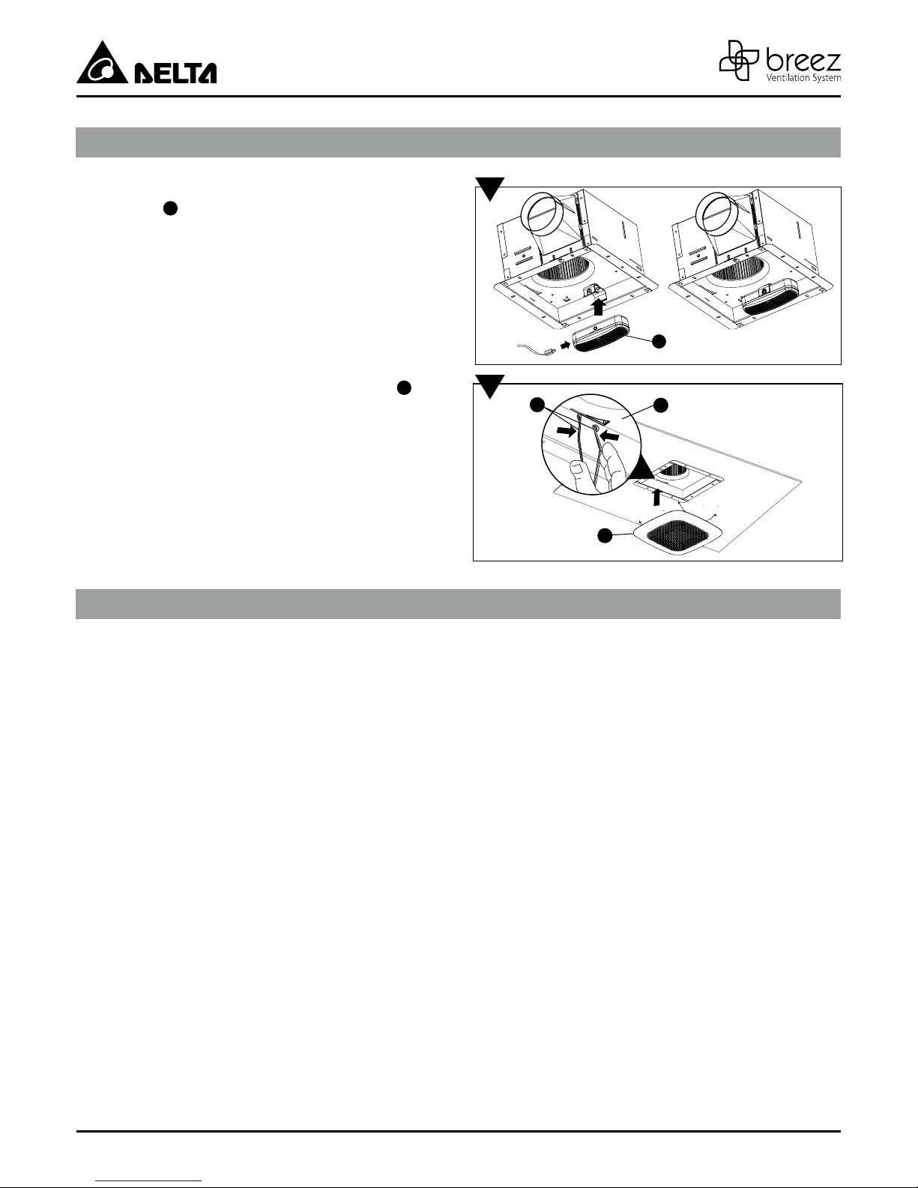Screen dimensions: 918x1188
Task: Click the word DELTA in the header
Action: click(x=175, y=73)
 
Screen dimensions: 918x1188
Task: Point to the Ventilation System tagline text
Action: click(x=803, y=78)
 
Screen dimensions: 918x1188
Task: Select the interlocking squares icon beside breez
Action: click(x=740, y=60)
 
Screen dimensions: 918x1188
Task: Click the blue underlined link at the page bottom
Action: click(x=148, y=1181)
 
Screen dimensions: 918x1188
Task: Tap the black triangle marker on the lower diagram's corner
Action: click(x=489, y=386)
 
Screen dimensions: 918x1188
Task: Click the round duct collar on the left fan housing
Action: click(x=541, y=213)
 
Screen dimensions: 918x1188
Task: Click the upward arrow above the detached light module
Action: click(x=598, y=307)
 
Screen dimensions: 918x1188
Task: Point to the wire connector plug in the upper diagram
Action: click(x=548, y=352)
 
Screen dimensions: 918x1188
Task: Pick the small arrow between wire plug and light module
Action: click(x=565, y=346)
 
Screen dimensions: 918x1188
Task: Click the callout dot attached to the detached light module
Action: click(x=659, y=341)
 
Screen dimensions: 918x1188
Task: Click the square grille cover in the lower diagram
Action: click(x=677, y=532)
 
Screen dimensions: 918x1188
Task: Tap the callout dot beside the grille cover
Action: click(x=604, y=536)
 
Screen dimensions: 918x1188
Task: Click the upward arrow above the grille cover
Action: click(x=656, y=497)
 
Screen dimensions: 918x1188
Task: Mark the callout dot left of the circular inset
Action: click(x=537, y=405)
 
